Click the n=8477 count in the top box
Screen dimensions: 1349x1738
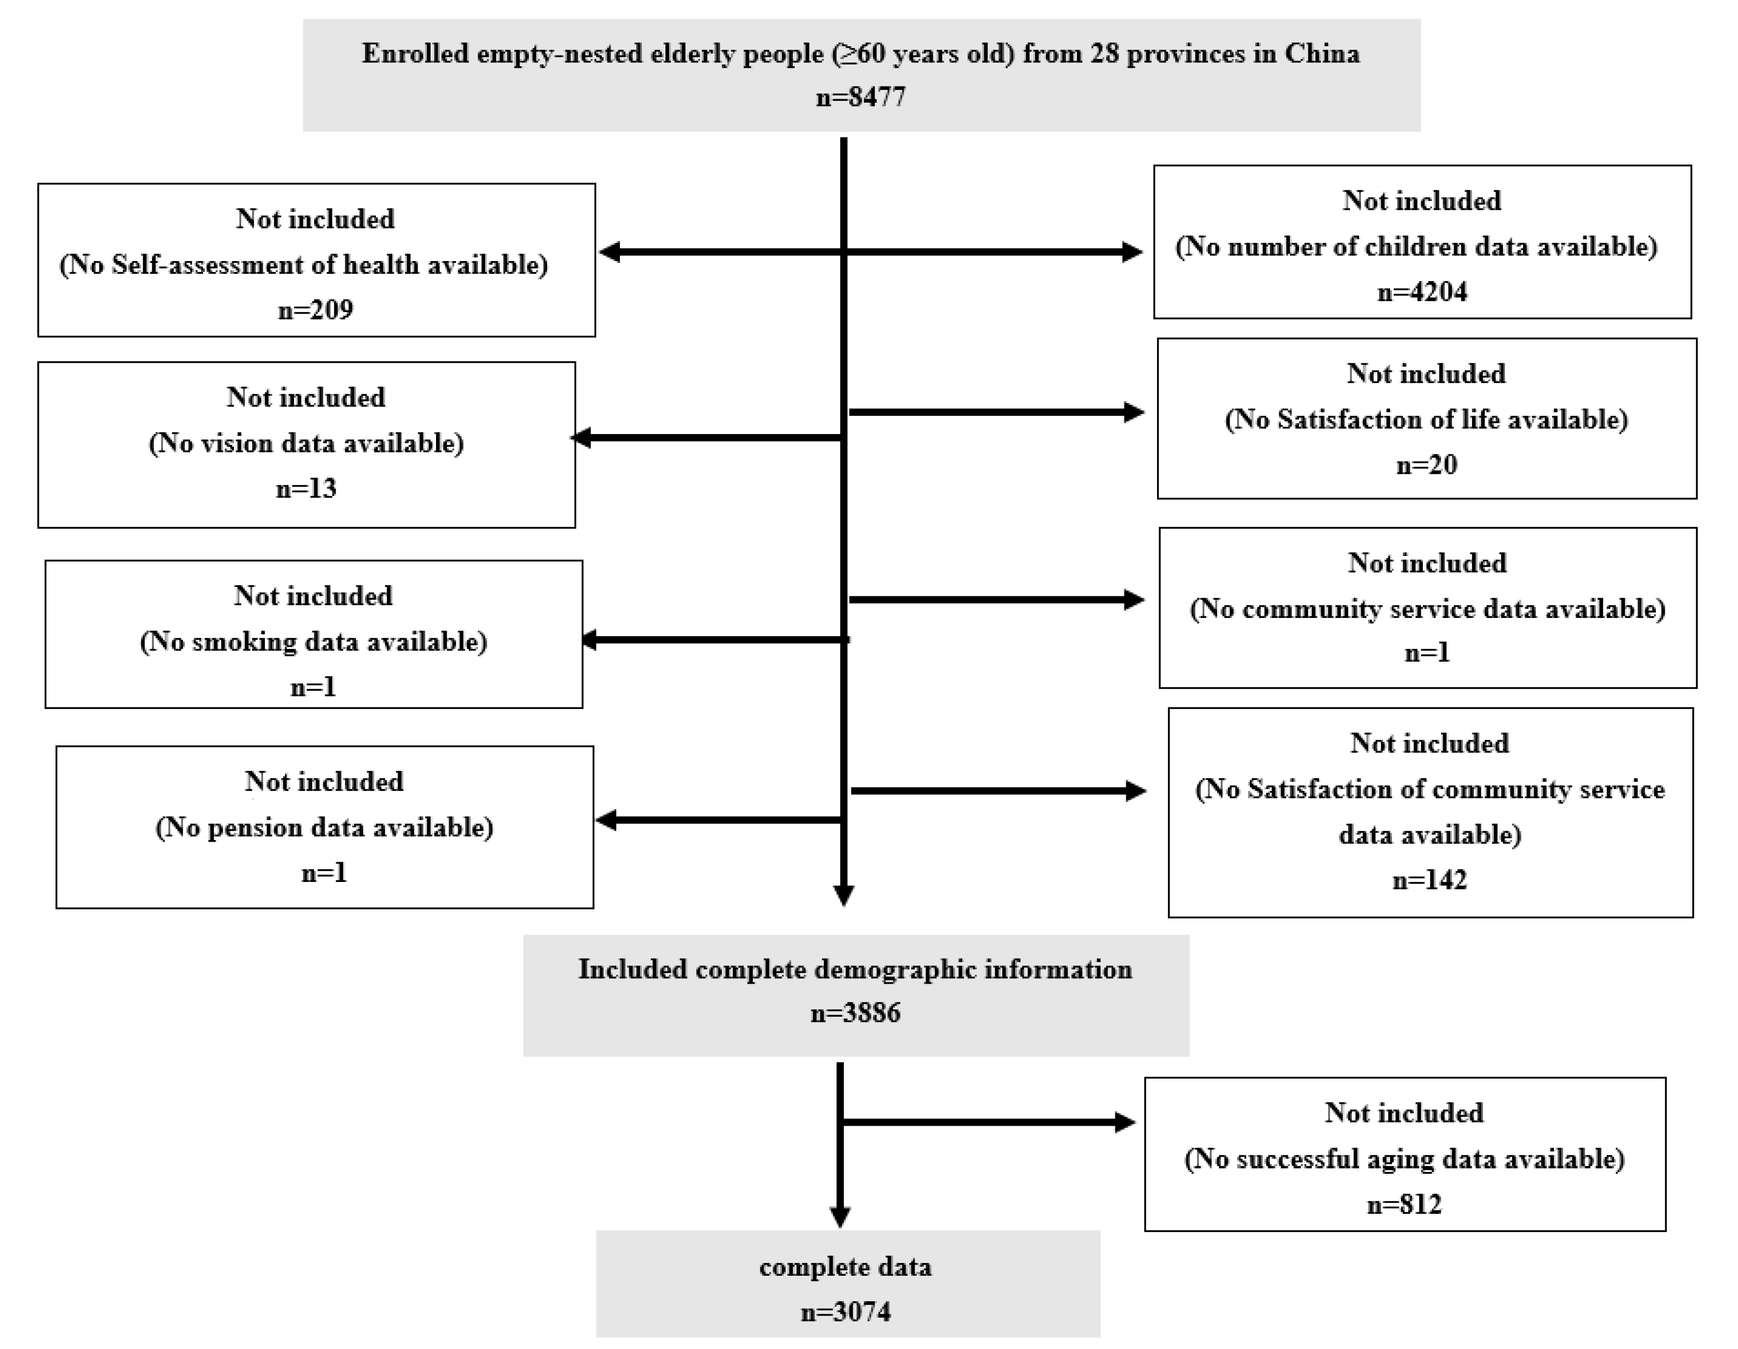861,97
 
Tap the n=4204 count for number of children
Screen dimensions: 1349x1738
1422,292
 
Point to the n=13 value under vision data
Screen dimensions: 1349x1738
306,488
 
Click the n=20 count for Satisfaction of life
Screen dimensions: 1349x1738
1426,465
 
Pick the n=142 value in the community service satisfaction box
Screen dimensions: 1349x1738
1429,880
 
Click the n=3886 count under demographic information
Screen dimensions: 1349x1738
855,1013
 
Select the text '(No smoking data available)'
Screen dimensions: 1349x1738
314,642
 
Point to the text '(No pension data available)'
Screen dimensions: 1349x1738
324,828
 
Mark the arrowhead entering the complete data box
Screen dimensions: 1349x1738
840,1216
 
